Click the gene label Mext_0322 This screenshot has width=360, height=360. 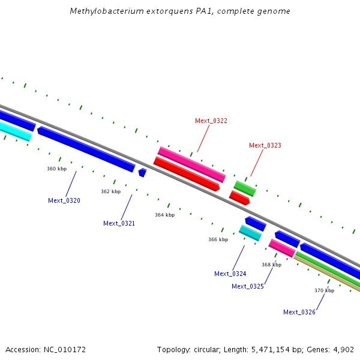(211, 121)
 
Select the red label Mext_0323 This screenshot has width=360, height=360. (265, 146)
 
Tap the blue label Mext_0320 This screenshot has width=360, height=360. (64, 201)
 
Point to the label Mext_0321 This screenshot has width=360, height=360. (119, 224)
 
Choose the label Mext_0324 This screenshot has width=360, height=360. (230, 274)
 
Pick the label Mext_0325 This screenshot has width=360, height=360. (248, 287)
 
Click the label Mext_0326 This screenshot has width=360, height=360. (299, 313)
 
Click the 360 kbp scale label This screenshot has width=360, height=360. (56, 169)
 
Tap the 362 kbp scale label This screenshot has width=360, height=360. (110, 192)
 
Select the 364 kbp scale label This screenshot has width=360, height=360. (164, 215)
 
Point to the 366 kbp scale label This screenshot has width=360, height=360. (218, 240)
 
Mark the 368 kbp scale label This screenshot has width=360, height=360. (271, 265)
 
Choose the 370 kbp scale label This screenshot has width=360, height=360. (324, 291)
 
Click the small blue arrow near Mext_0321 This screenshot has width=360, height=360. (142, 173)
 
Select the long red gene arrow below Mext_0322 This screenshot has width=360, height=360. (187, 174)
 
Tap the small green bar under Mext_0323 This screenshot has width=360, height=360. (245, 188)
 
